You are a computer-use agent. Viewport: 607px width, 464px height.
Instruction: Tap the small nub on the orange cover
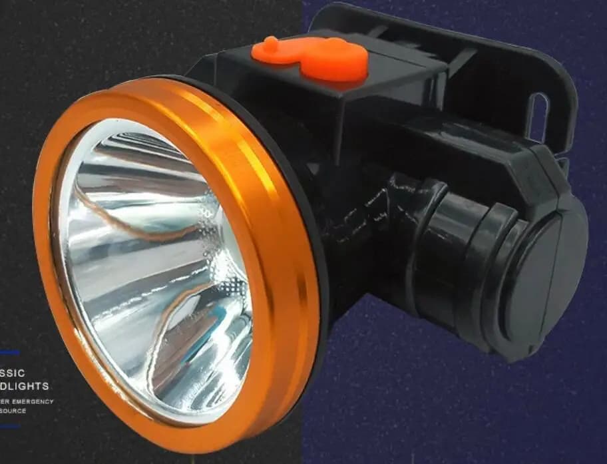pyautogui.click(x=270, y=44)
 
